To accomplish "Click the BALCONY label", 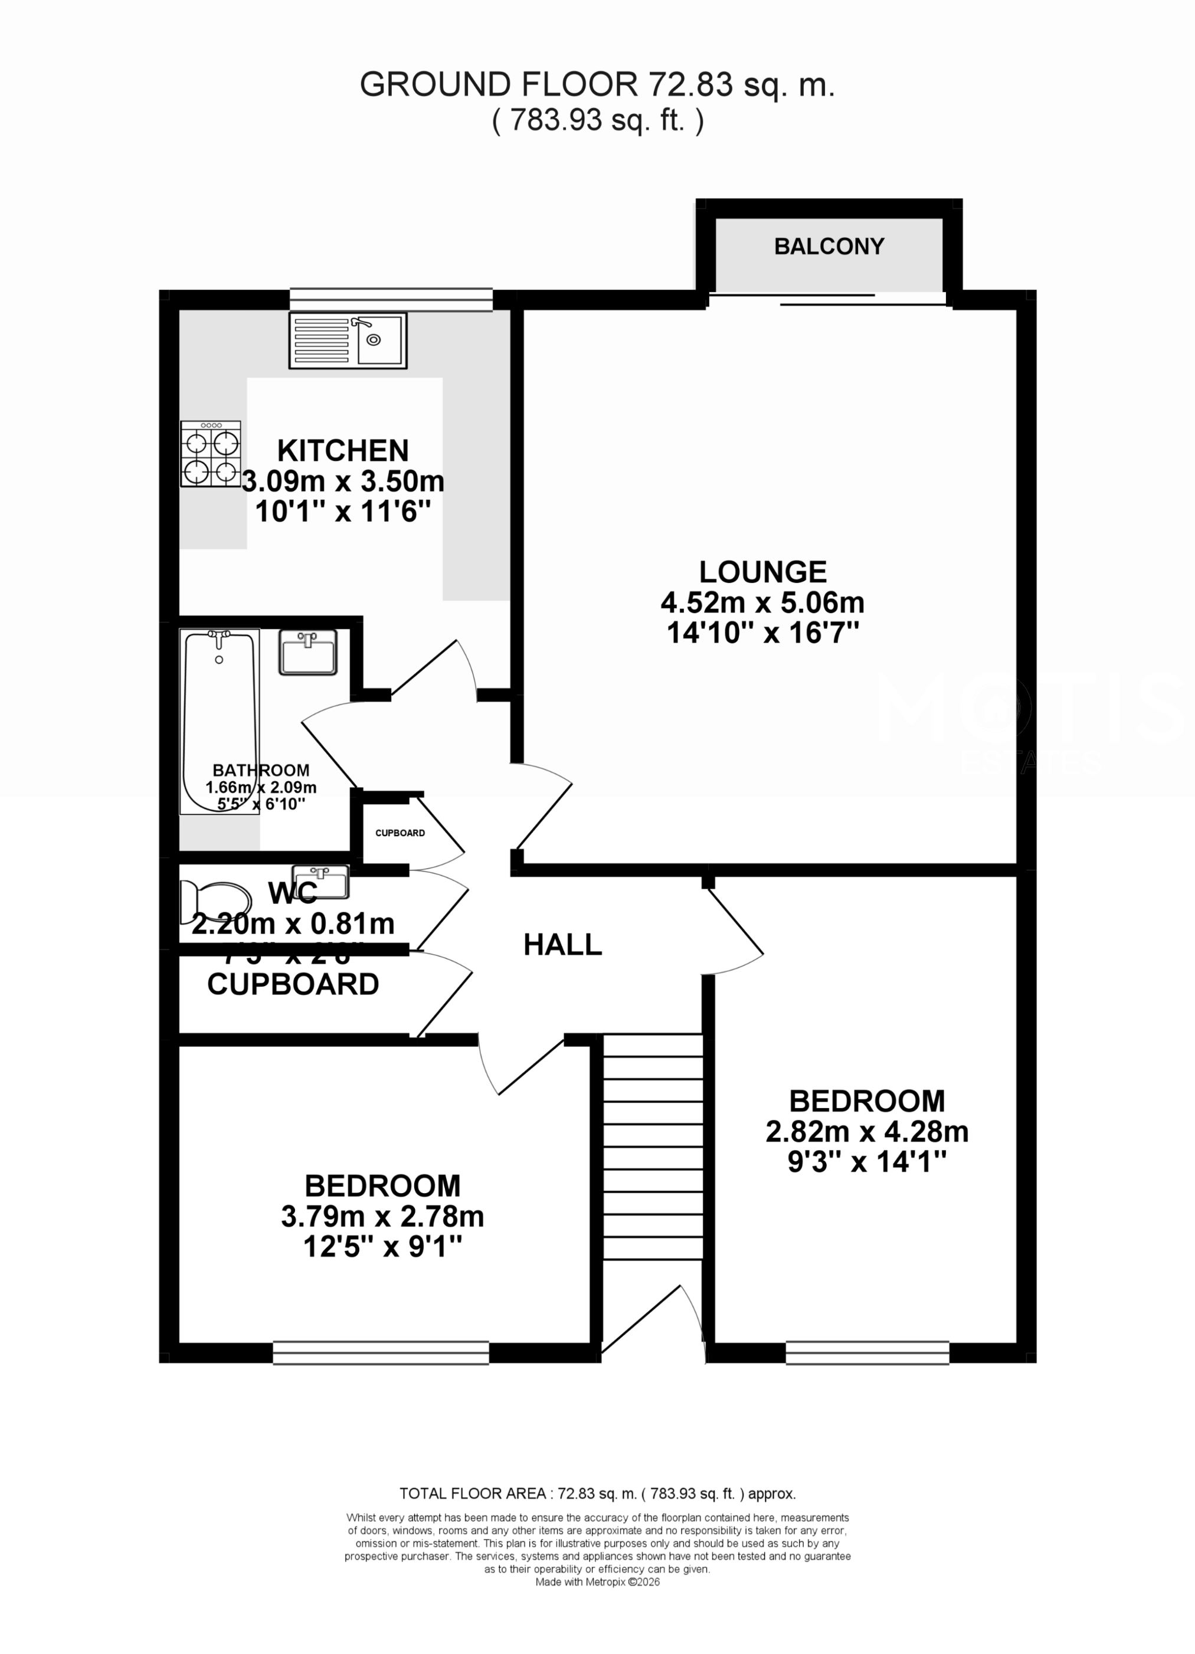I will tap(829, 247).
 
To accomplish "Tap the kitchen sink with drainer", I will tap(348, 340).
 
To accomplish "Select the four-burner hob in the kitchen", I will tap(211, 454).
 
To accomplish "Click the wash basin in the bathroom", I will tap(308, 652).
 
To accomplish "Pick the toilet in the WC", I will tap(213, 902).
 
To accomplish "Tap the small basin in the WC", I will tap(320, 882).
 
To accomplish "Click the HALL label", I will tap(562, 945).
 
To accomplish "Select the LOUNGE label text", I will tap(762, 572).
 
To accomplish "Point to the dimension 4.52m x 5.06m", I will tap(762, 603).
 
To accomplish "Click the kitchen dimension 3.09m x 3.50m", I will tap(343, 482).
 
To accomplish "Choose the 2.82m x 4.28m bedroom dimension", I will tap(867, 1132).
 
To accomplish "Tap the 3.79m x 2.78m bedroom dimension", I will tap(382, 1216).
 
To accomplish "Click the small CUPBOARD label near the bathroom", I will tap(400, 833).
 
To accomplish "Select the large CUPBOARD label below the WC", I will tap(293, 984).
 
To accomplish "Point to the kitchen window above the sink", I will tap(391, 299).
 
